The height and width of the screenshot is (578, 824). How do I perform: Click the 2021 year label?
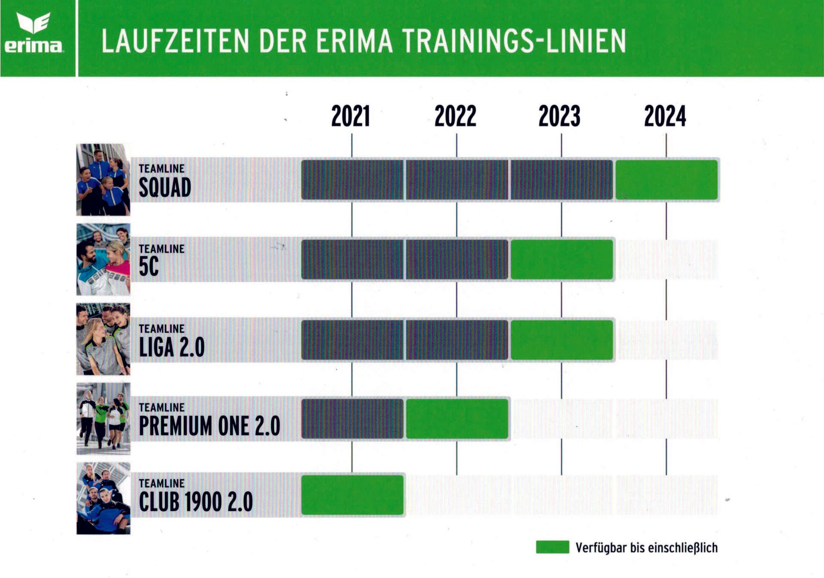351,116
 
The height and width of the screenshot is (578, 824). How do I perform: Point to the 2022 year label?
455,116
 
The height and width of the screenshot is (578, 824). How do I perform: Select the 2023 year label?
560,116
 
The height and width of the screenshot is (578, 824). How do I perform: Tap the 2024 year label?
665,116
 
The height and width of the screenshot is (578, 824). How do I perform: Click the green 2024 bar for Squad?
666,180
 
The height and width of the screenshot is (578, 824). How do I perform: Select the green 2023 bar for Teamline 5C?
562,260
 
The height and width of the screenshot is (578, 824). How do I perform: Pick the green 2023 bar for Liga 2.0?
562,340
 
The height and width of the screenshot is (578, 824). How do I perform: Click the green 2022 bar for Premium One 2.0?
457,419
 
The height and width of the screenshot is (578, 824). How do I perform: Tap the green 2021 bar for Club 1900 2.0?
352,495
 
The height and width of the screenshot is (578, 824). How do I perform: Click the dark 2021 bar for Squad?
352,180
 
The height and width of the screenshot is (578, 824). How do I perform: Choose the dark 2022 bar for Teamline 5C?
457,260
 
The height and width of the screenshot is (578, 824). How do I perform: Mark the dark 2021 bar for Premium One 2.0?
352,419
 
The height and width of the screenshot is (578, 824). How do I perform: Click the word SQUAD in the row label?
165,188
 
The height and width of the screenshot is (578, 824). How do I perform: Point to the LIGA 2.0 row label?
172,347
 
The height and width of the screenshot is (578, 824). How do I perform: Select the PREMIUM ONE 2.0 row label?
209,426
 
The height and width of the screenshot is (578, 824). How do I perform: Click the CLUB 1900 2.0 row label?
196,501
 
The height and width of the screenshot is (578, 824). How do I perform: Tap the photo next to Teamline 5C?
103,259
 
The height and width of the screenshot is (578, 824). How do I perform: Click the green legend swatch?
552,547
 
